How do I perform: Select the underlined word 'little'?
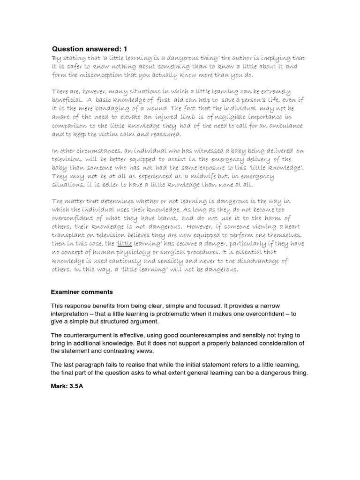[124, 244]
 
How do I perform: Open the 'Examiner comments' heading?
[82, 292]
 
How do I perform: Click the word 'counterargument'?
[90, 335]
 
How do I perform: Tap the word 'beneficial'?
[71, 100]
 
